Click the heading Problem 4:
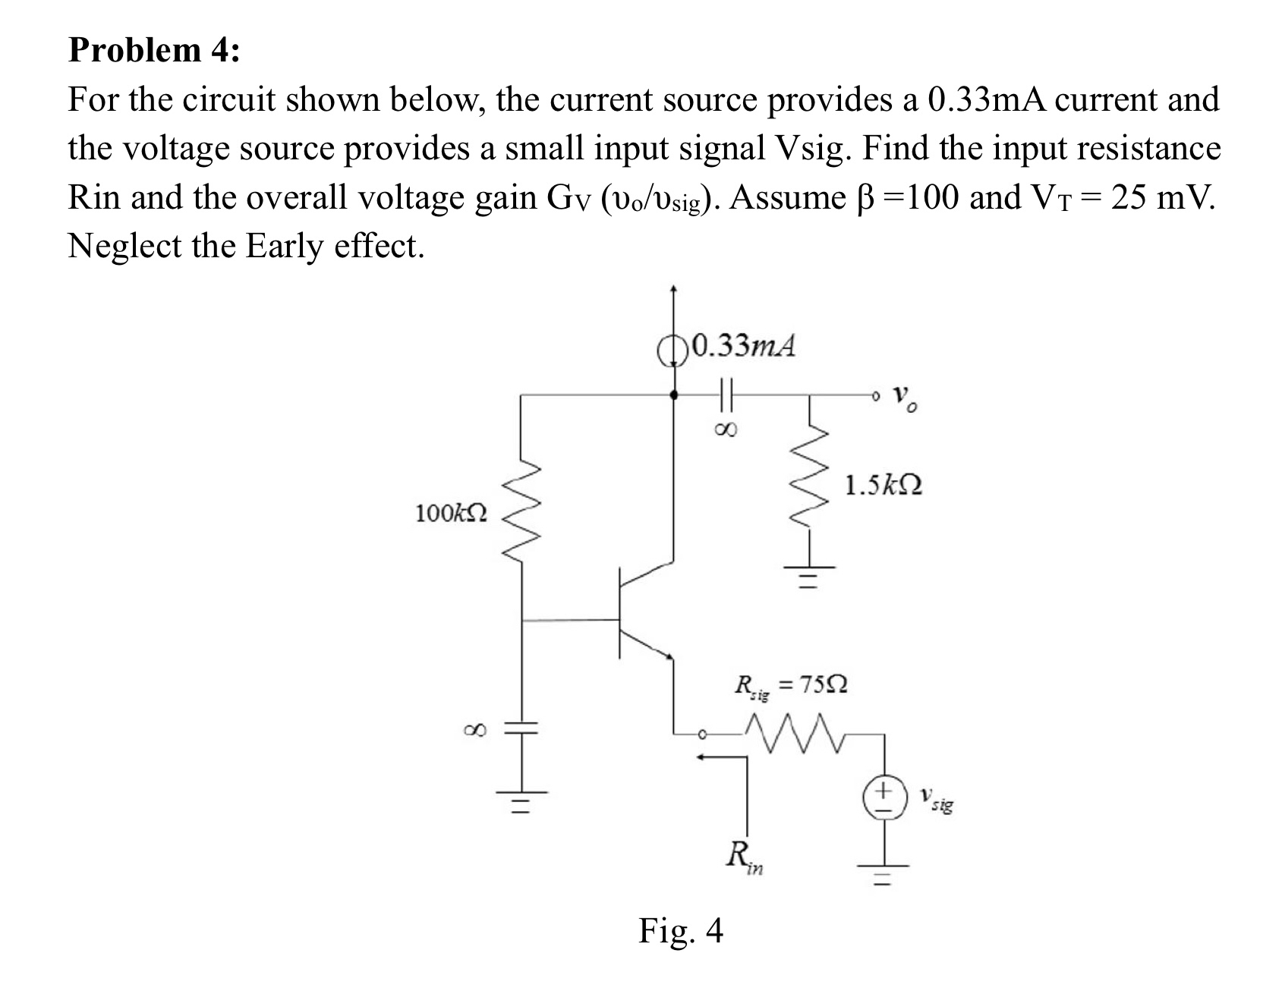pyautogui.click(x=154, y=50)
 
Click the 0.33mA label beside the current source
pyautogui.click(x=744, y=346)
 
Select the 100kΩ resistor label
pyautogui.click(x=451, y=514)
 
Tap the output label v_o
pyautogui.click(x=905, y=398)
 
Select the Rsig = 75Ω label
pyautogui.click(x=790, y=686)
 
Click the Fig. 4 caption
pyautogui.click(x=680, y=930)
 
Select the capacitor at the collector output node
pyautogui.click(x=723, y=395)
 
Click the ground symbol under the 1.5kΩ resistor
pyautogui.click(x=809, y=577)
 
